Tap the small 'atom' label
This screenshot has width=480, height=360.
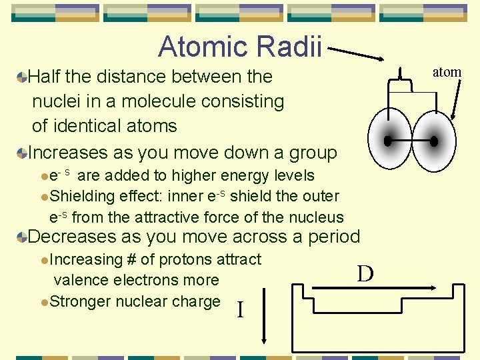coord(446,72)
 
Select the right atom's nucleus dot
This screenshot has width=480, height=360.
coord(434,141)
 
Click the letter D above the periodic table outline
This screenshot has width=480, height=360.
coord(365,273)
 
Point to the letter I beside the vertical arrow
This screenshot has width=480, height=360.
coord(240,309)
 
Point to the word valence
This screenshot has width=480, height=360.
coord(79,280)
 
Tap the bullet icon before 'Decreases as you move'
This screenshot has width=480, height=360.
coord(23,237)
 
